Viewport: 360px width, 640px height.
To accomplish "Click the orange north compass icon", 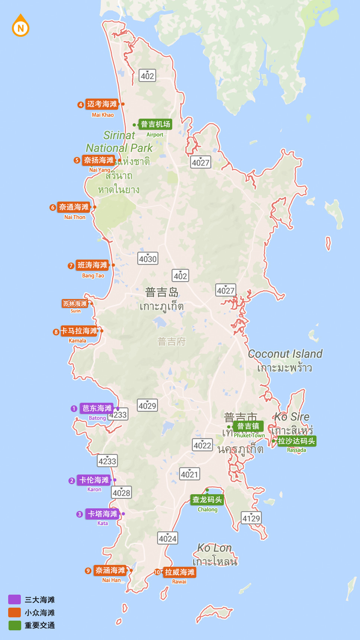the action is tap(20, 27).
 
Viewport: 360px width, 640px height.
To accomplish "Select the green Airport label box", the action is tap(155, 124).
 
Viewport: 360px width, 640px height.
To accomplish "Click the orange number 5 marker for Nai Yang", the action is tap(77, 160).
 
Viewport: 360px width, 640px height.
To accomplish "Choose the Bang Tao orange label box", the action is tap(92, 265).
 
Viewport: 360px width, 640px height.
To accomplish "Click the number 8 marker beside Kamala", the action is tap(56, 332).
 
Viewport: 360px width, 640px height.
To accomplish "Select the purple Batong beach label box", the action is tap(97, 408).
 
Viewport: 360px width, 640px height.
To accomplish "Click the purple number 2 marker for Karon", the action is tap(72, 481).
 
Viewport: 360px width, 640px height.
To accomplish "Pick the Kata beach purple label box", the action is tap(102, 514).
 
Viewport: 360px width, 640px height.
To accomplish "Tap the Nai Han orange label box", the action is tap(110, 570).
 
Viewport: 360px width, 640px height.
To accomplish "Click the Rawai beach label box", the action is tap(180, 572).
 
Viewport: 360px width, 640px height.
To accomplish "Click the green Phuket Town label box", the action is tap(248, 426).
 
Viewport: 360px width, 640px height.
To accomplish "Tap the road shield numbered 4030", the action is tap(148, 258).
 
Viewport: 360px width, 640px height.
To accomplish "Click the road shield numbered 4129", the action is tap(251, 518).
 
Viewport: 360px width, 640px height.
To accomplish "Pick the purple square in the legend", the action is tap(15, 599).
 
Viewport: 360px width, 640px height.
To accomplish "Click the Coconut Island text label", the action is tap(285, 354).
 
